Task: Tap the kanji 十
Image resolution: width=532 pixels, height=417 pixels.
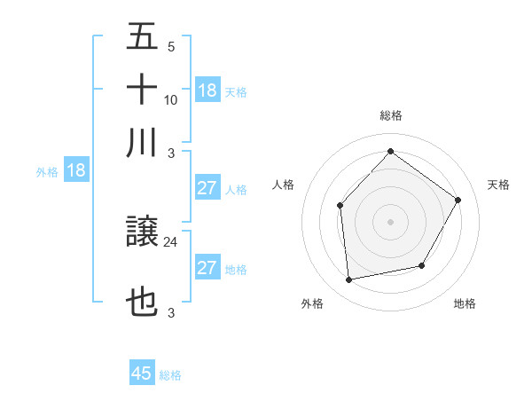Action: [x=142, y=90]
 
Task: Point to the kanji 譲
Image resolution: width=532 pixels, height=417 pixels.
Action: [x=142, y=233]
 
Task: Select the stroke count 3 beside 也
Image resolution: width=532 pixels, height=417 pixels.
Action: [x=170, y=312]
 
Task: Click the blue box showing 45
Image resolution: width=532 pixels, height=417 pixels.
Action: [x=142, y=374]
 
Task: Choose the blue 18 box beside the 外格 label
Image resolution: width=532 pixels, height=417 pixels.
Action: [x=75, y=171]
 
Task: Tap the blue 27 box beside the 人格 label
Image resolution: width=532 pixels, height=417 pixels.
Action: [x=207, y=188]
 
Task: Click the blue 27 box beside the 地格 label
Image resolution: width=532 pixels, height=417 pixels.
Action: [x=207, y=268]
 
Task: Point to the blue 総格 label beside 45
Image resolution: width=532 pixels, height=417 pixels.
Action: [x=170, y=375]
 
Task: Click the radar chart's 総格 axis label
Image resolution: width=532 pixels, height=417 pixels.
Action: [x=390, y=115]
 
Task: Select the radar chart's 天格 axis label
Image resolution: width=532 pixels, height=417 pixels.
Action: [x=498, y=185]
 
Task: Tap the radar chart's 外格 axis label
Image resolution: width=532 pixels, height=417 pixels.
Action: [x=312, y=303]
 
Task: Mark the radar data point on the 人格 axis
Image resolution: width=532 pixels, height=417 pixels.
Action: [x=340, y=206]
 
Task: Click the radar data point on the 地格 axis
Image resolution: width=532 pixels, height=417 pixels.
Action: [x=422, y=265]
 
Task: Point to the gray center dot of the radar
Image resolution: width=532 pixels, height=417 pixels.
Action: [x=390, y=222]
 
